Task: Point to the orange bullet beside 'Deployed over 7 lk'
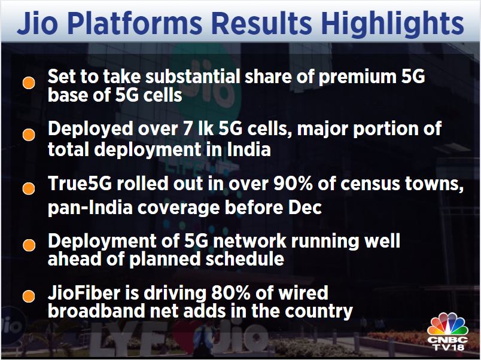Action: (x=28, y=135)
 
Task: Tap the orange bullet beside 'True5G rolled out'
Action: (x=28, y=188)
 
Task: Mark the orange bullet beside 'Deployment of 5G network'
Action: (x=28, y=245)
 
